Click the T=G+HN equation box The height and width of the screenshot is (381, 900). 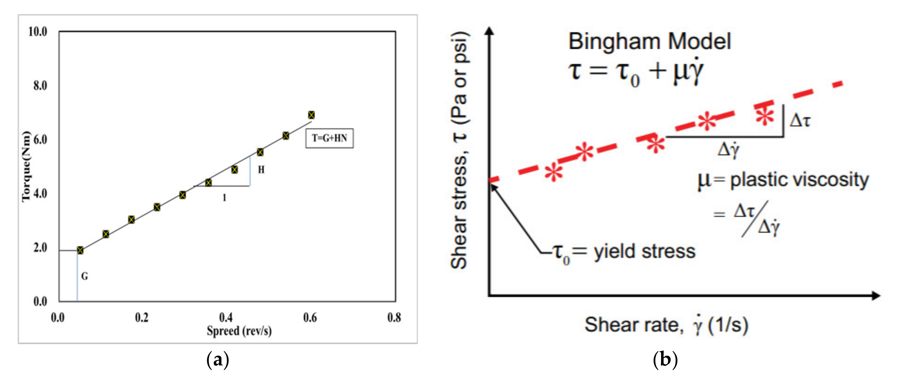[329, 139]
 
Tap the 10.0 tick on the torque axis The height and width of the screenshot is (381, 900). [38, 32]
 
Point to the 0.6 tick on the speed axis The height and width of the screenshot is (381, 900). [310, 318]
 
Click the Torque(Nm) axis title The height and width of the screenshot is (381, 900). [27, 167]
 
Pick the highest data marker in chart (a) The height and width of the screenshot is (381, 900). [311, 115]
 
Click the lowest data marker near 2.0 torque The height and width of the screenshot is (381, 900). [80, 250]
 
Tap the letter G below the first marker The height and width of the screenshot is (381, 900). [85, 276]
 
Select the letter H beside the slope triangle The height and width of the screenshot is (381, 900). [261, 170]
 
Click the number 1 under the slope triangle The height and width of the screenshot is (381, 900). [224, 198]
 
